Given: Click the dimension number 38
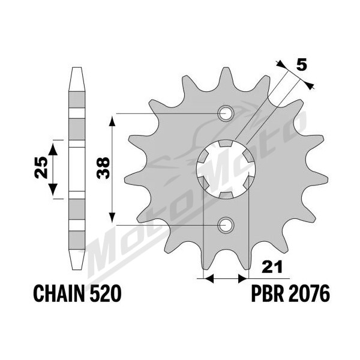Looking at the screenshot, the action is [103, 168].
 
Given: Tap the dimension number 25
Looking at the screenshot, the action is [41, 168].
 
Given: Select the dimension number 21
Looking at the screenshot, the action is [272, 268].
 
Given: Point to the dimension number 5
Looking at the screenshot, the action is [301, 64].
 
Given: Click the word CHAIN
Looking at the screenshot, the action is [59, 293].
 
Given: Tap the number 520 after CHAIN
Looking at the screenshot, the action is [106, 293].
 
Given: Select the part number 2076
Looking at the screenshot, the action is [309, 293].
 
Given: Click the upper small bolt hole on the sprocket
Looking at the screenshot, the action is [226, 113].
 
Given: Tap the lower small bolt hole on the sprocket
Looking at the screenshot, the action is [226, 225].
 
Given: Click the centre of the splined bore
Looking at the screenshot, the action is [226, 169].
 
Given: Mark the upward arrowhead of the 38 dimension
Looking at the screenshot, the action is [112, 121].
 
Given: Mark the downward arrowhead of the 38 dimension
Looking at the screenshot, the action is [112, 217].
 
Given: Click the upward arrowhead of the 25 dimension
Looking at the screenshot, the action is [53, 149].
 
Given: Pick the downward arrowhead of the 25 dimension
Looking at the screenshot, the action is [53, 190].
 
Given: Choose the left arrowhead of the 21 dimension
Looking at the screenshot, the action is [209, 278].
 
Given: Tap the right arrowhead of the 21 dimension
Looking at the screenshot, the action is [244, 278].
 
